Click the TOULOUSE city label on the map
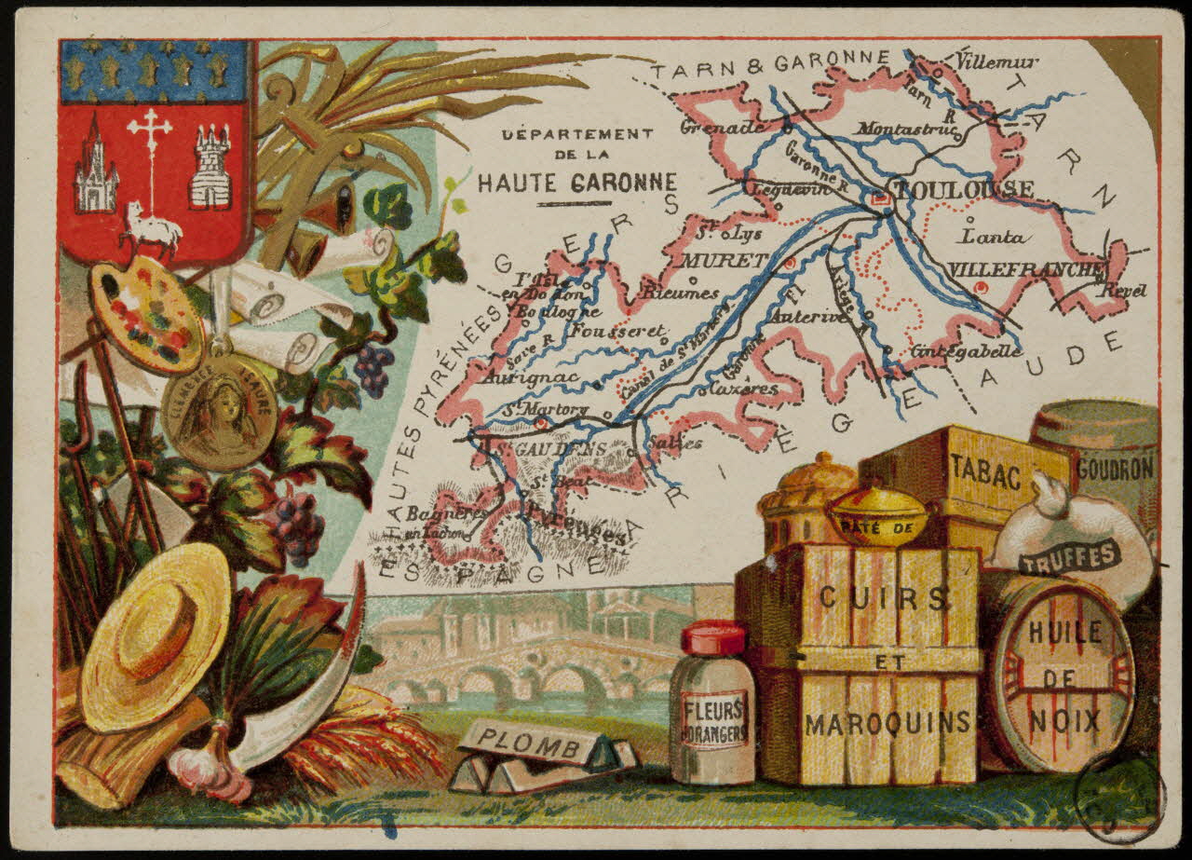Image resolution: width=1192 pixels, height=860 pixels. [963, 190]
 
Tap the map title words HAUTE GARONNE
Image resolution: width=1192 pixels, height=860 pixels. [577, 182]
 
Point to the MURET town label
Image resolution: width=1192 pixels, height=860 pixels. [726, 260]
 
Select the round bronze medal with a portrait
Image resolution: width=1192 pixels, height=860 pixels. [219, 410]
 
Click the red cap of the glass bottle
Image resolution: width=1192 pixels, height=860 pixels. [713, 638]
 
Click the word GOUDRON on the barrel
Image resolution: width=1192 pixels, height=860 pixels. [1115, 469]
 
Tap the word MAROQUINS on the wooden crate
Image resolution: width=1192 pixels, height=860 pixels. [887, 724]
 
